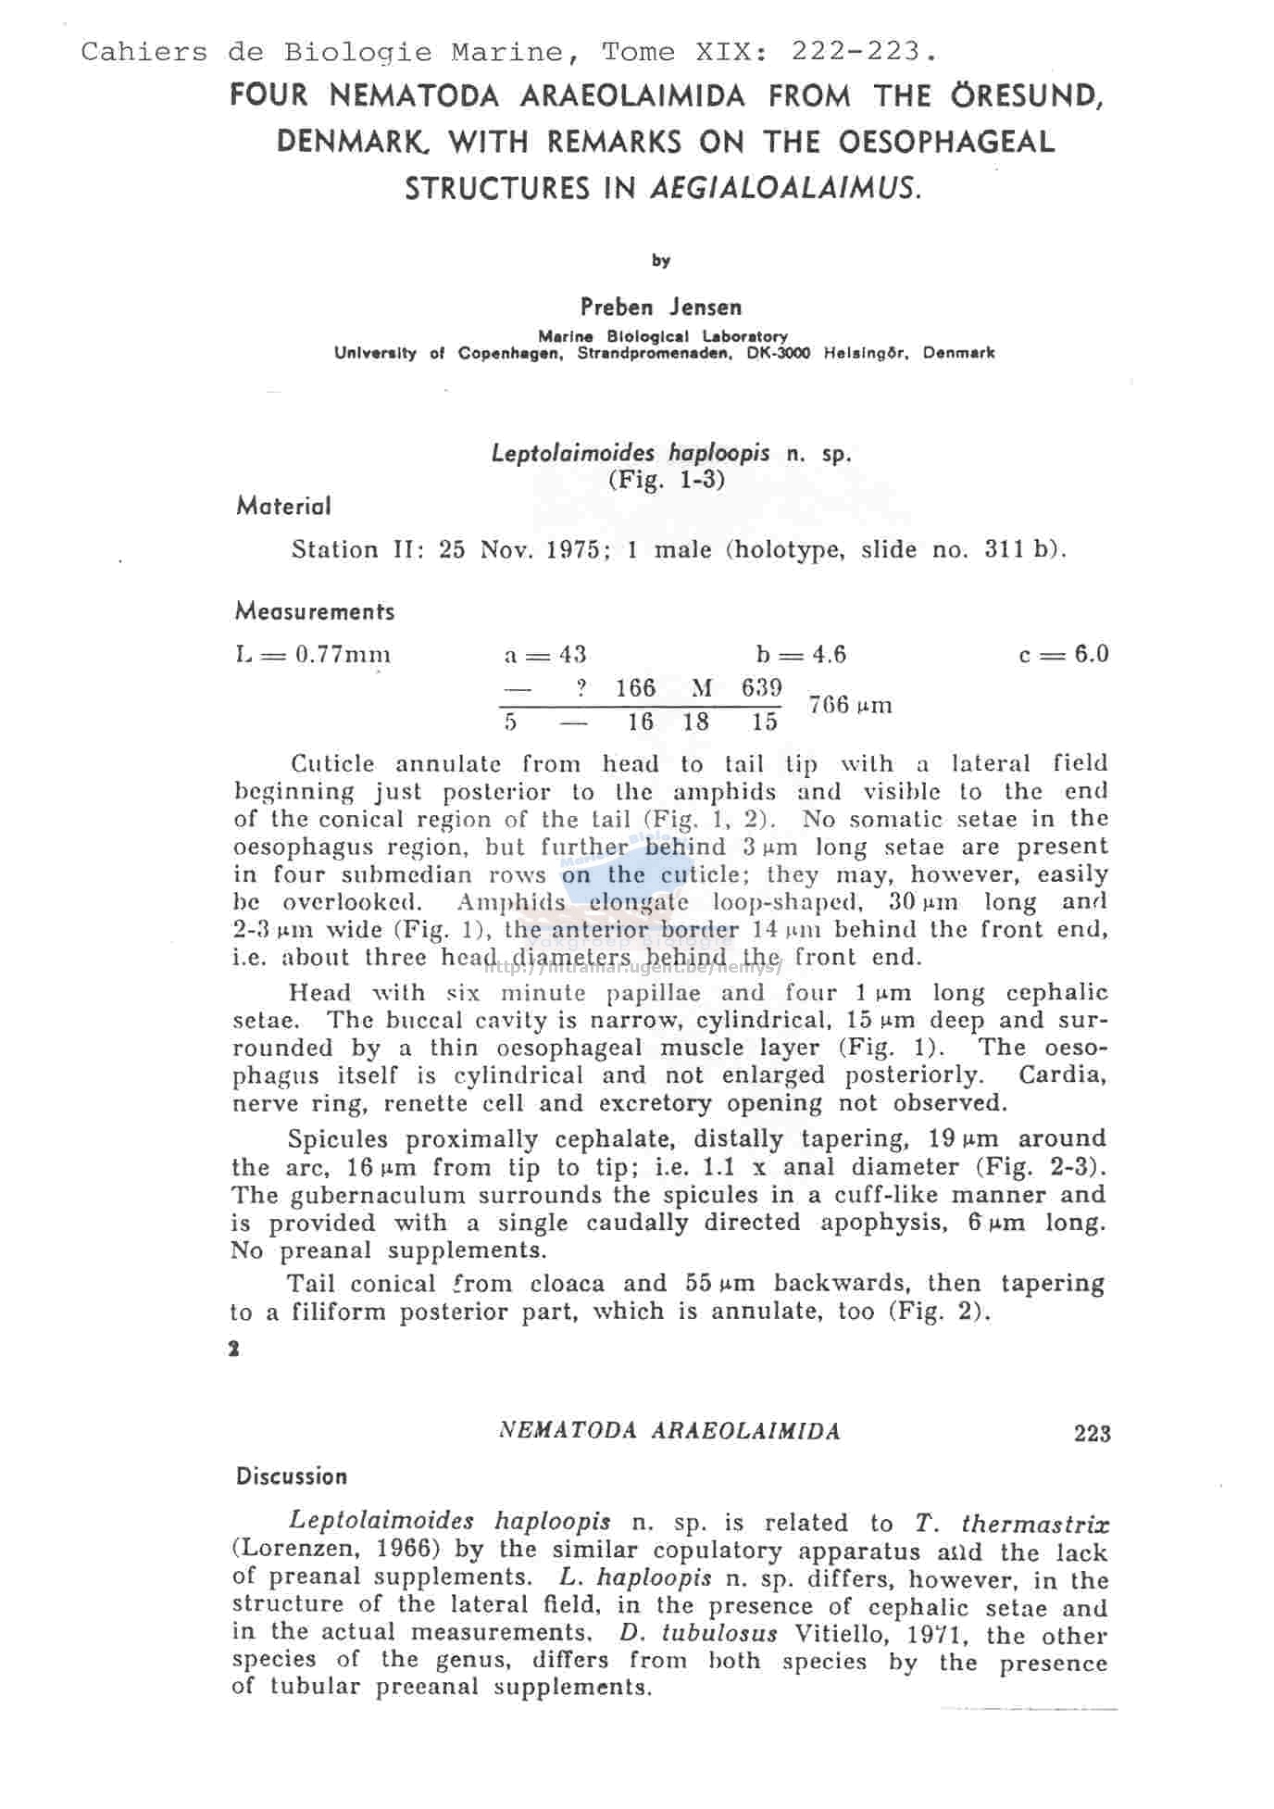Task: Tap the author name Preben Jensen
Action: pyautogui.click(x=660, y=307)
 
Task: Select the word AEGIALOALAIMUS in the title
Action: pyautogui.click(x=786, y=189)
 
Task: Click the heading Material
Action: pyautogui.click(x=282, y=507)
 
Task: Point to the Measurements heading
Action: pyautogui.click(x=314, y=611)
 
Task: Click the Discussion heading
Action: pyautogui.click(x=291, y=1476)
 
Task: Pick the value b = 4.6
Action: pyautogui.click(x=800, y=655)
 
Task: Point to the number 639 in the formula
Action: pyautogui.click(x=761, y=688)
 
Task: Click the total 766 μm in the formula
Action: pyautogui.click(x=850, y=705)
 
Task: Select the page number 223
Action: pyautogui.click(x=1092, y=1434)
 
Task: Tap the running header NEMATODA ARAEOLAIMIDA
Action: pyautogui.click(x=668, y=1431)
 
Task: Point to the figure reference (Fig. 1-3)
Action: pyautogui.click(x=666, y=480)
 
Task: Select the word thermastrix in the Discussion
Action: pyautogui.click(x=1035, y=1524)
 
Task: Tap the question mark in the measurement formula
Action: pyautogui.click(x=581, y=688)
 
